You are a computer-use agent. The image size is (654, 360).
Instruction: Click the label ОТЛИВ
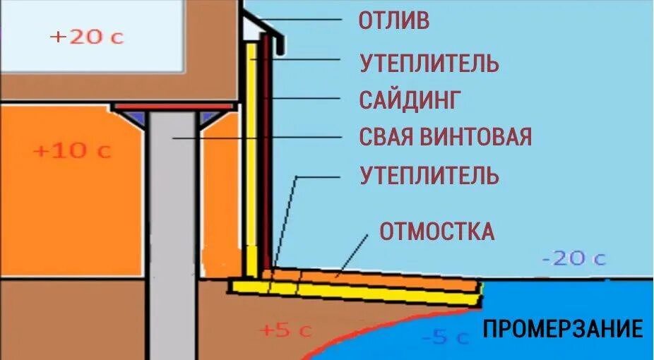pos(393,20)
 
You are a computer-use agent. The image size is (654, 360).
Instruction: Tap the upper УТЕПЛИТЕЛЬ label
pos(429,64)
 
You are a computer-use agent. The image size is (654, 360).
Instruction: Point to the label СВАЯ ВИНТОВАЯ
pos(445,136)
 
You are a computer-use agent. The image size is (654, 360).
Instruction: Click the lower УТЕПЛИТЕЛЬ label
pos(429,174)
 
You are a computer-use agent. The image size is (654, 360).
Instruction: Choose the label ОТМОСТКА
pos(437,231)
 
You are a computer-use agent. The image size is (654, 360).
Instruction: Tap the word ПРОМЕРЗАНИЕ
pos(563,329)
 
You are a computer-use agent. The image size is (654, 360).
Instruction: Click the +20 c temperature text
pos(87,37)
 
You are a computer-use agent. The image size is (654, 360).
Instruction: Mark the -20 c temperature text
pos(573,258)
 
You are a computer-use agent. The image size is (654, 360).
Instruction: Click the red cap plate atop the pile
pos(174,107)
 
